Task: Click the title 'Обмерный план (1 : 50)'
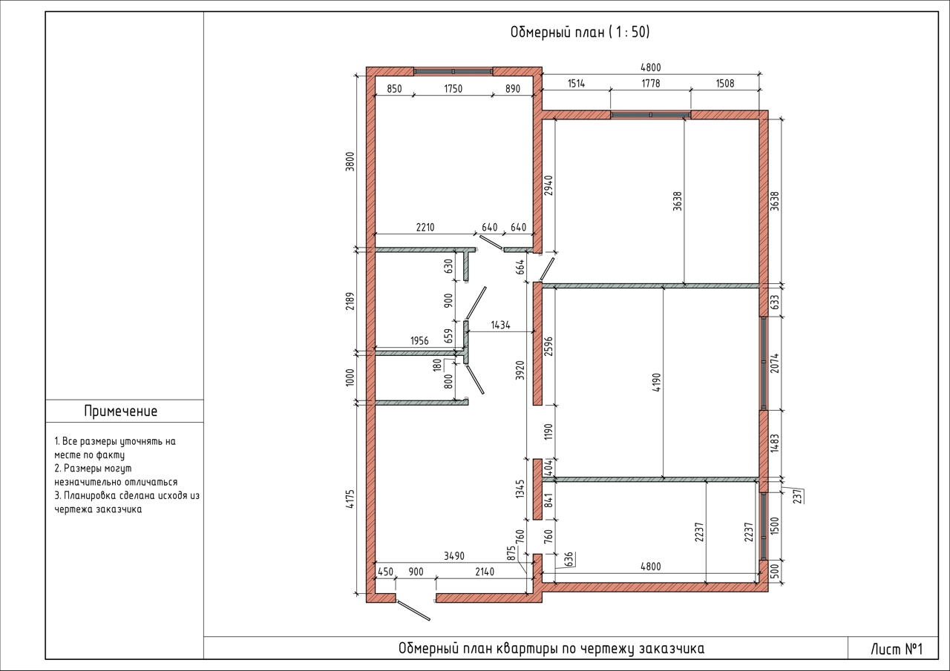pos(580,32)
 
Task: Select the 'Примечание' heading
pos(121,411)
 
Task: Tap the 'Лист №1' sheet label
pos(897,649)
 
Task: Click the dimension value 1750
pos(453,89)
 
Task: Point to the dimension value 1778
pos(651,84)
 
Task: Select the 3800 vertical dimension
pos(350,162)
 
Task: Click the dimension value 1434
pos(500,325)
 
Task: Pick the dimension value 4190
pos(657,383)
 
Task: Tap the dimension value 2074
pos(775,363)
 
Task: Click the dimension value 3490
pos(454,556)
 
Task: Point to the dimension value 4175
pos(350,500)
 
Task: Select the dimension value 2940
pos(548,185)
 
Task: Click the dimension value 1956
pos(419,340)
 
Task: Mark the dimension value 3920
pos(521,370)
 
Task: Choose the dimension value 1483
pos(775,443)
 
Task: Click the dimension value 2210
pos(425,228)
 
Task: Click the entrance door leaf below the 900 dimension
pos(413,610)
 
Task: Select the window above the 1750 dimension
pos(453,72)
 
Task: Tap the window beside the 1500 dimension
pos(764,526)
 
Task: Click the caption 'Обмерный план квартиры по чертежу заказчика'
pos(551,649)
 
